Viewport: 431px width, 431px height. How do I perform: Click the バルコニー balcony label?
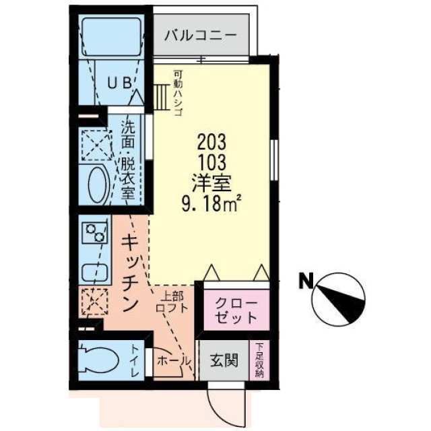(x=201, y=36)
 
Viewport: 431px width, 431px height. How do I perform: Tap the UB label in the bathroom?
(x=119, y=83)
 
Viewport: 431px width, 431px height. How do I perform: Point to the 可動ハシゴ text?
(x=178, y=93)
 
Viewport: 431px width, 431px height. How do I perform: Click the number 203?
(x=211, y=142)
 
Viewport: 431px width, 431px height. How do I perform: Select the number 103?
(x=211, y=162)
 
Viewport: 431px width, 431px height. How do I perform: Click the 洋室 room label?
(x=211, y=183)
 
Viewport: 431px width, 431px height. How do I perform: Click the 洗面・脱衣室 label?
(x=128, y=160)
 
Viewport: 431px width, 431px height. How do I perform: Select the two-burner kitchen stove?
(x=94, y=232)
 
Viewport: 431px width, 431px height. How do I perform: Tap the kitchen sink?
(x=94, y=272)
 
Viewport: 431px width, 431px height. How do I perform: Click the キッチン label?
(x=130, y=273)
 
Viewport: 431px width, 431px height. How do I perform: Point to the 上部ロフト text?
(x=172, y=302)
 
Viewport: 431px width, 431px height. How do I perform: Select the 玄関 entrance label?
(x=224, y=360)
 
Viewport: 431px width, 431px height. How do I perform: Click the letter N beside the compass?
(x=306, y=281)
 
